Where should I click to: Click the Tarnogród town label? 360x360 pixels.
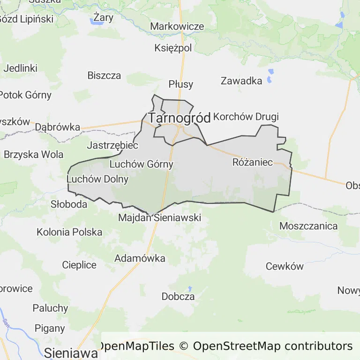tap(180, 118)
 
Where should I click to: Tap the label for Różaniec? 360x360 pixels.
tap(253, 163)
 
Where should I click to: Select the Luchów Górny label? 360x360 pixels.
tap(141, 165)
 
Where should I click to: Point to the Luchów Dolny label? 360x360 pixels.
tap(91, 179)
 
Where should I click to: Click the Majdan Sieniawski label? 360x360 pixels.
tap(159, 218)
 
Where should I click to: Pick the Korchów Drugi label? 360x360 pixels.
tap(246, 117)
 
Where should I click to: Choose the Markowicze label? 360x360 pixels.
tap(177, 26)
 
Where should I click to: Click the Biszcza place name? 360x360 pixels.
tap(104, 75)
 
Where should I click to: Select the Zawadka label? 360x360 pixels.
tap(241, 81)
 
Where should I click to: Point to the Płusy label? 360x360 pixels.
tap(181, 84)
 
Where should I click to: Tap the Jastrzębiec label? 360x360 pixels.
tap(112, 146)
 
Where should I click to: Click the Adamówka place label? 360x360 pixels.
tap(140, 258)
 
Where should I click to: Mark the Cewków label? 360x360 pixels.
tap(285, 266)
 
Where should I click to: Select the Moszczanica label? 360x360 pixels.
tap(308, 226)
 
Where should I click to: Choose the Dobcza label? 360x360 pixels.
tap(178, 296)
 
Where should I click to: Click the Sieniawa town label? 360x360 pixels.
tap(71, 352)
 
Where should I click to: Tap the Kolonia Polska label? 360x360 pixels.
tap(69, 232)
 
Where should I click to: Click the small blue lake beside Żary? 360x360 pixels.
tap(94, 21)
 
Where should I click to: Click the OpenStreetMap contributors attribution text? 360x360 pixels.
tap(272, 346)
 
